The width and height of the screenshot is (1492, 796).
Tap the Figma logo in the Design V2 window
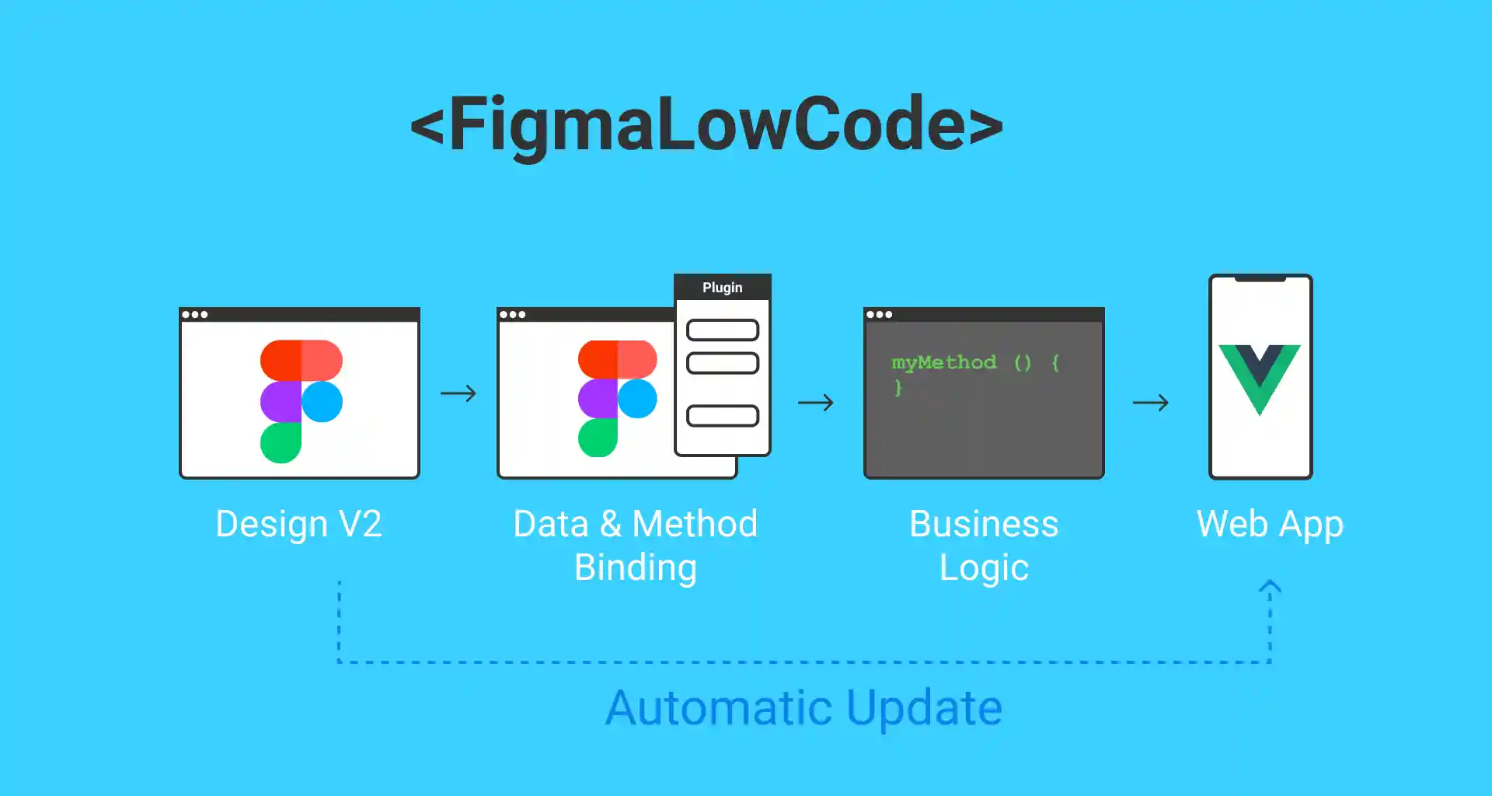pyautogui.click(x=301, y=400)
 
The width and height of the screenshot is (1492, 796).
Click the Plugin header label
pyautogui.click(x=722, y=288)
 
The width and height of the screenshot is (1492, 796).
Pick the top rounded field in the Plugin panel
pyautogui.click(x=722, y=330)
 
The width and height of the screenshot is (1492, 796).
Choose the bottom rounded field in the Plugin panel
pyautogui.click(x=722, y=416)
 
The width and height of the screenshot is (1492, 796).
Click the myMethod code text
pyautogui.click(x=943, y=363)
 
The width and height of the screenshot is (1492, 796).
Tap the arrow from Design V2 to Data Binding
pyautogui.click(x=458, y=393)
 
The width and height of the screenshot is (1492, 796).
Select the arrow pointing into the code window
pyautogui.click(x=815, y=403)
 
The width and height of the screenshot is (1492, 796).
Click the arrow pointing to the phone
pyautogui.click(x=1150, y=403)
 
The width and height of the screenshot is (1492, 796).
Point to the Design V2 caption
pyautogui.click(x=298, y=524)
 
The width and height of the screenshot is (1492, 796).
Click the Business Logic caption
pyautogui.click(x=984, y=546)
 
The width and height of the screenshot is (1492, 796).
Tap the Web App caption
pyautogui.click(x=1270, y=525)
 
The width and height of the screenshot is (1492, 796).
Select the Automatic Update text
pyautogui.click(x=804, y=707)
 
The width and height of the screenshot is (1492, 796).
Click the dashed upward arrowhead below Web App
pyautogui.click(x=1270, y=588)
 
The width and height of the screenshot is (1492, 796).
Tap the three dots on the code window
pyautogui.click(x=879, y=315)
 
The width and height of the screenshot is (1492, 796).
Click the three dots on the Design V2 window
pyautogui.click(x=194, y=315)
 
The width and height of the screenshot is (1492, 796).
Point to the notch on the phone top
pyautogui.click(x=1260, y=278)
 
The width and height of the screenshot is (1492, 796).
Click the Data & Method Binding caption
pyautogui.click(x=636, y=546)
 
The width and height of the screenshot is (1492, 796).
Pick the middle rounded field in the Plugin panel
pyautogui.click(x=722, y=363)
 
